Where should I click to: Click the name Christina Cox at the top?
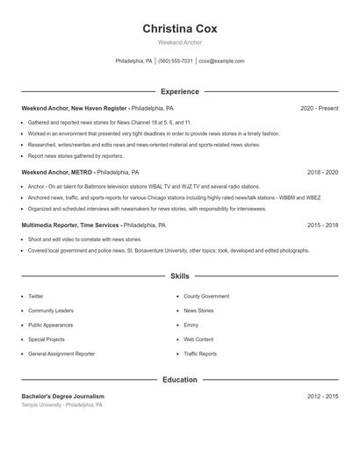[179, 28]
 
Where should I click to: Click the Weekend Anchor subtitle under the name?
[179, 42]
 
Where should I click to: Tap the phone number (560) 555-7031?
[176, 61]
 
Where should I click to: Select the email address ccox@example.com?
[221, 61]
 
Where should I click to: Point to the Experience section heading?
[179, 91]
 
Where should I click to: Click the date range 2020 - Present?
[319, 108]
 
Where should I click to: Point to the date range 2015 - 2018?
[322, 225]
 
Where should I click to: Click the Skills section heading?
[179, 276]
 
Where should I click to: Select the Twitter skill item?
[36, 297]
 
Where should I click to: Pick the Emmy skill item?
[191, 325]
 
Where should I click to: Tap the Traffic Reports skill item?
[200, 354]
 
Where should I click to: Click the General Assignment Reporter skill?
[61, 354]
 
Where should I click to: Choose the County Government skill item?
[206, 297]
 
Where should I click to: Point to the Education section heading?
[179, 380]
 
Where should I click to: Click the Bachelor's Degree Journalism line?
[62, 397]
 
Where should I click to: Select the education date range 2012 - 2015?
[322, 397]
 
